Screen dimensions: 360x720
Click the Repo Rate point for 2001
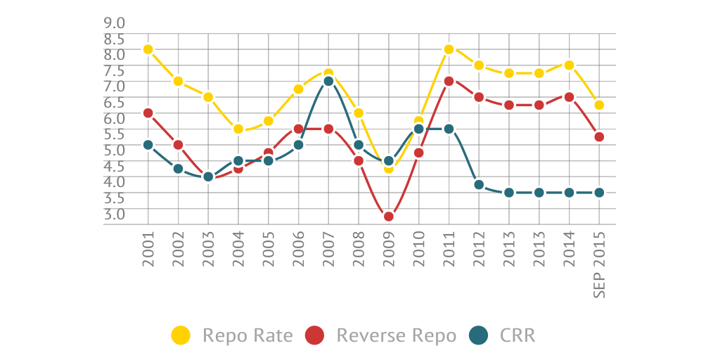[x=148, y=49]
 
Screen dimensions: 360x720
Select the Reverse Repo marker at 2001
[x=148, y=113]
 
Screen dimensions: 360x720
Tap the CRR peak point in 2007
[x=328, y=82]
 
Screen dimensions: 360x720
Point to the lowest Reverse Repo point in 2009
[x=388, y=216]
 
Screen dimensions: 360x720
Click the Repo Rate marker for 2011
[x=449, y=49]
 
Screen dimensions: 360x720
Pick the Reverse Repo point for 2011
[x=449, y=82]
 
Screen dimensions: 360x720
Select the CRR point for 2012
[x=479, y=185]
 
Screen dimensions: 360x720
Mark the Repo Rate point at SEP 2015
[x=599, y=105]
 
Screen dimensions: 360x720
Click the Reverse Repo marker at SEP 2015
[x=599, y=137]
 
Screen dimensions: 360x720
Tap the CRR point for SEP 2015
[x=599, y=192]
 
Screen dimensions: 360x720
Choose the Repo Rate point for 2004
[x=238, y=129]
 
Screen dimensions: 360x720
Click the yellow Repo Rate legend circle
[x=181, y=336]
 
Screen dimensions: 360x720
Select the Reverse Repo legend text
[x=397, y=336]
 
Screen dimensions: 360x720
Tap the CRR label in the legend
[x=517, y=336]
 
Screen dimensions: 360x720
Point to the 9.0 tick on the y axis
[x=115, y=22]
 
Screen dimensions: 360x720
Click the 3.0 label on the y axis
[x=115, y=213]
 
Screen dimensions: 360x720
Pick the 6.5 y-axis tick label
[x=115, y=101]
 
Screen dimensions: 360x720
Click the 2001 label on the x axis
[x=148, y=250]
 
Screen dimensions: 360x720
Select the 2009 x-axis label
[x=388, y=250]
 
